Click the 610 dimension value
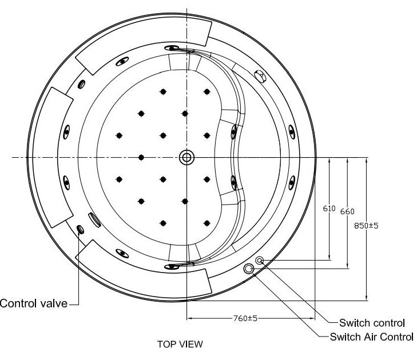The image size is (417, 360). coord(329,209)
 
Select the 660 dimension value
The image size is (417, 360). coord(347,211)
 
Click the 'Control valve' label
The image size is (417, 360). coord(34,303)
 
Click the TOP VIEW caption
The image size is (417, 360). coord(180,345)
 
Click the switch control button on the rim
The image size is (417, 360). coord(260,261)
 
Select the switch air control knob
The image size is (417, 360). coord(249,269)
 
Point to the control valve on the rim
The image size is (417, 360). coord(80,229)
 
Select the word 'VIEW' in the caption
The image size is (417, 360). coord(190,345)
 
